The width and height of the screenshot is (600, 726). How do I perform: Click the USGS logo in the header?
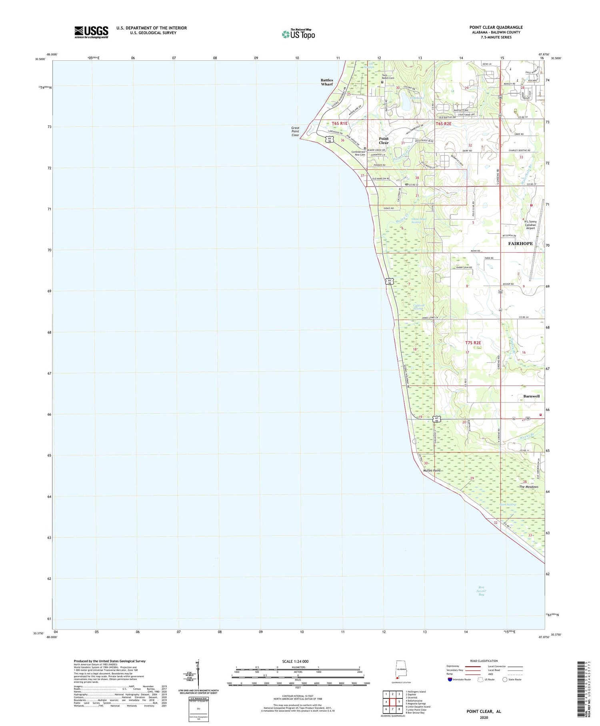[91, 32]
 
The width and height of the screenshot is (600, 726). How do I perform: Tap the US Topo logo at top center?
[298, 34]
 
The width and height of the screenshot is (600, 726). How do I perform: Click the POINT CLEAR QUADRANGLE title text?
[496, 27]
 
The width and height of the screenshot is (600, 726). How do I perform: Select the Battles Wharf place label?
[326, 82]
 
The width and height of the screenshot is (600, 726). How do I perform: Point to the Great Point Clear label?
[295, 131]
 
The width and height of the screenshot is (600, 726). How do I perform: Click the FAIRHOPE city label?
[520, 243]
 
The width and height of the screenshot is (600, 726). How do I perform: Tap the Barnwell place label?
[531, 396]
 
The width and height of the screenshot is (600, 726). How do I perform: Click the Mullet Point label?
[432, 471]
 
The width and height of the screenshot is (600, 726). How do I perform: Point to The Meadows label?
[529, 487]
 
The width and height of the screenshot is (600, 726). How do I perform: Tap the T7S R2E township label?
[473, 343]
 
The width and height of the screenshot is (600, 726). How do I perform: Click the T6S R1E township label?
[340, 123]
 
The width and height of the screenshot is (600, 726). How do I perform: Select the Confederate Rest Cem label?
[358, 153]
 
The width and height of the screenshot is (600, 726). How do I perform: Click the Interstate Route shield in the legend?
[450, 680]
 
